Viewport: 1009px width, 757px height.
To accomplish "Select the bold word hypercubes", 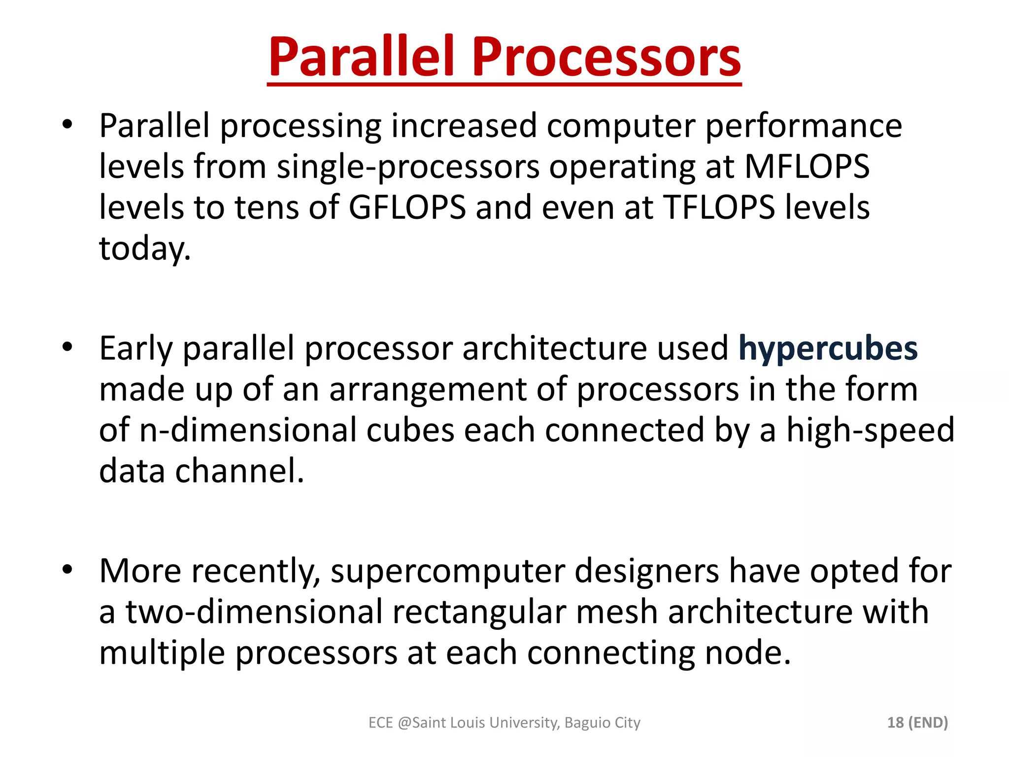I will [x=828, y=349].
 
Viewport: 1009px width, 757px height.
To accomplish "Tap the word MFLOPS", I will [x=807, y=167].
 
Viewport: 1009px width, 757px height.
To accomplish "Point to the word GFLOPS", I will [x=407, y=207].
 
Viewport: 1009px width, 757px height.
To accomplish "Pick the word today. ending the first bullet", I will [x=144, y=248].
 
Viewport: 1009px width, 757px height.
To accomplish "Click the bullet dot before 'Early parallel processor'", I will [x=67, y=347].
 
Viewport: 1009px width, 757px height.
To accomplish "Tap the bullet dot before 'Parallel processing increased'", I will [x=67, y=125].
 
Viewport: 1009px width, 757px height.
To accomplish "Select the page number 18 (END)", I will [x=917, y=723].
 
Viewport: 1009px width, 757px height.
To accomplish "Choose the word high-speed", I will [x=870, y=430].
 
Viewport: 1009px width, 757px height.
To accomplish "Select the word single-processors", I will [x=408, y=167].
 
